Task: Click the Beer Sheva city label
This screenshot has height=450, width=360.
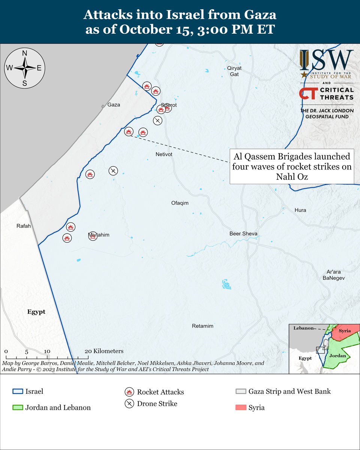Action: tap(243, 234)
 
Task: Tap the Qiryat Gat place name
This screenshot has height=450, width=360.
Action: tap(234, 71)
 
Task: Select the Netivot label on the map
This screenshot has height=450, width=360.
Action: tap(163, 154)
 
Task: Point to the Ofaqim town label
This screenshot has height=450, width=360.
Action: tap(180, 203)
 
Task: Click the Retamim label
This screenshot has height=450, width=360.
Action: tap(202, 326)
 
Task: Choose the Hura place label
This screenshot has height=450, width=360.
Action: tap(300, 210)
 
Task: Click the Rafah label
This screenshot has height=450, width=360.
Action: tap(23, 226)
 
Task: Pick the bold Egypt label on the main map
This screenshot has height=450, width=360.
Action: tap(36, 312)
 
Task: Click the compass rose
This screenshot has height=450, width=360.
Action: tap(25, 68)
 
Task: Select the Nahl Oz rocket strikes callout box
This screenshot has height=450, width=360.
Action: tap(292, 166)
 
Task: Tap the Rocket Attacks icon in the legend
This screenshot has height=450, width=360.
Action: tap(129, 392)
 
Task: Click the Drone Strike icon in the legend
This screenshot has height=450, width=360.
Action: tap(129, 404)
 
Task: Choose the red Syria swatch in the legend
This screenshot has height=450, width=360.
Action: tap(241, 407)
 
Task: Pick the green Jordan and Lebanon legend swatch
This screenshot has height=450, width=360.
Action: tap(18, 407)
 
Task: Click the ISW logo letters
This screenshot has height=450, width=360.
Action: tap(326, 60)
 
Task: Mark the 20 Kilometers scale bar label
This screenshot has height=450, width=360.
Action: tap(104, 351)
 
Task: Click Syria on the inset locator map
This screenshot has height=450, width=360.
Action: tap(345, 331)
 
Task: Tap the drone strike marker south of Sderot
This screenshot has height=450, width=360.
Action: tap(158, 120)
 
